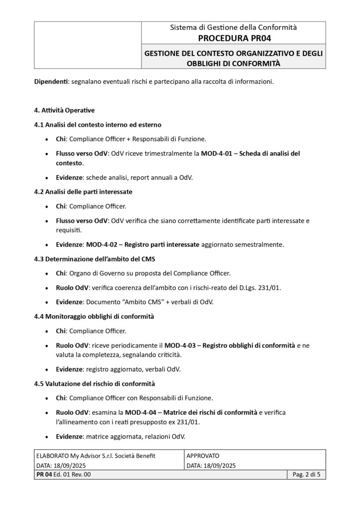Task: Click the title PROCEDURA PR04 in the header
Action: pyautogui.click(x=233, y=38)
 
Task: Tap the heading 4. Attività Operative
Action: pyautogui.click(x=65, y=111)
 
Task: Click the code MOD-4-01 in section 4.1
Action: pyautogui.click(x=217, y=153)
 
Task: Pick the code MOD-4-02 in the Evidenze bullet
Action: pyautogui.click(x=103, y=244)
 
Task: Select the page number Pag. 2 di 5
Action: pyautogui.click(x=306, y=475)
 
